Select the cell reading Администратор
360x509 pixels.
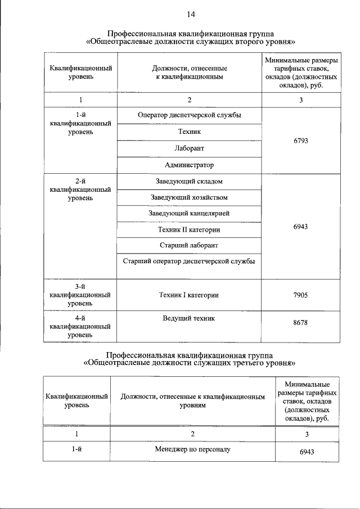[190, 165]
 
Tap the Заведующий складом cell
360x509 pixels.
[190, 182]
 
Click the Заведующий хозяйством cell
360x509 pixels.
[190, 197]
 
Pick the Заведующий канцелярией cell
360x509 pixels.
[190, 214]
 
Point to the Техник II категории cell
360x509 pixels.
[190, 230]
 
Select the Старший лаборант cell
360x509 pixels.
[190, 246]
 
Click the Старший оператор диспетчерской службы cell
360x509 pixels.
[190, 262]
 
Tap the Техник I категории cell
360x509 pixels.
[190, 295]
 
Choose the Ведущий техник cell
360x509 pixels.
[190, 318]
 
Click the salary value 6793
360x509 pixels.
[301, 140]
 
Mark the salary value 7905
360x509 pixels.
[301, 295]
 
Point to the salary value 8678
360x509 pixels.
[301, 323]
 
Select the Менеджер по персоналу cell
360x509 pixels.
[193, 450]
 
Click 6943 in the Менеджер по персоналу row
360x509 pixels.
[307, 452]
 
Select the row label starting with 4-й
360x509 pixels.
[80, 326]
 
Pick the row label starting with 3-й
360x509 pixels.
[80, 295]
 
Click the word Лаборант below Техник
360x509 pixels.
[190, 148]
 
